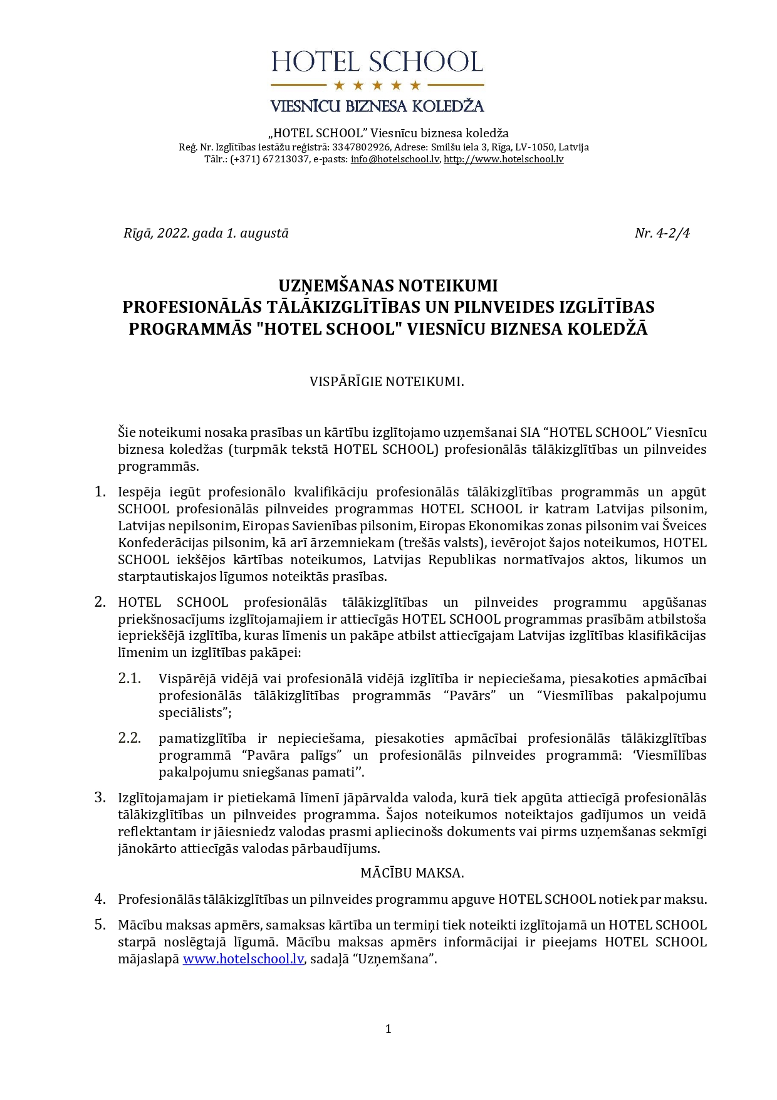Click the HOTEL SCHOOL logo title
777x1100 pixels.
pyautogui.click(x=377, y=63)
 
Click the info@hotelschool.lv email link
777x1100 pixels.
pyautogui.click(x=395, y=159)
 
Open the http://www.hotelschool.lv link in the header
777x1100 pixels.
pyautogui.click(x=504, y=159)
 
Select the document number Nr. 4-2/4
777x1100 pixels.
pyautogui.click(x=662, y=233)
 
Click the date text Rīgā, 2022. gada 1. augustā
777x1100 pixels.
pyautogui.click(x=206, y=233)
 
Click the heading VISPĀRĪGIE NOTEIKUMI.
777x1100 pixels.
pyautogui.click(x=387, y=382)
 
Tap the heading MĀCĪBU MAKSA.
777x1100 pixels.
pyautogui.click(x=412, y=873)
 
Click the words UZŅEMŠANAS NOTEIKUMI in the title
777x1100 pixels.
pyautogui.click(x=388, y=286)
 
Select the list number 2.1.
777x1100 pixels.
pyautogui.click(x=129, y=679)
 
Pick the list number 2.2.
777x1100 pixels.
pyautogui.click(x=129, y=738)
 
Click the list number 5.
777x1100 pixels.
pyautogui.click(x=100, y=925)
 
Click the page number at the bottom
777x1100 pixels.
pyautogui.click(x=388, y=1029)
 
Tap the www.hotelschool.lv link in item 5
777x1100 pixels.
pyautogui.click(x=243, y=959)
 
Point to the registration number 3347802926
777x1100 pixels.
pyautogui.click(x=361, y=147)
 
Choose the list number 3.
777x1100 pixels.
pyautogui.click(x=100, y=797)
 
